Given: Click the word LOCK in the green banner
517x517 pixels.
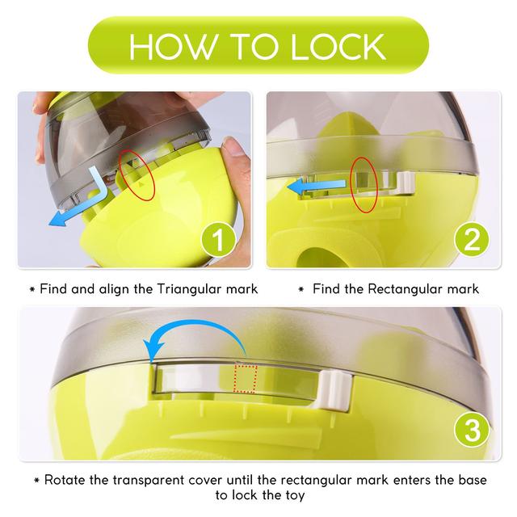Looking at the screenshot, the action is point(338,47).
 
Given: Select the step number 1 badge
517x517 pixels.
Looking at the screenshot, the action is point(217,239).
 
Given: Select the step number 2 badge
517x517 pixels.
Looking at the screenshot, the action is point(472,239).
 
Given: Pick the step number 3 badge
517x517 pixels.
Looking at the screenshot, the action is point(472,430).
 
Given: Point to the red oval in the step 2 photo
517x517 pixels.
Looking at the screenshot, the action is point(364,185).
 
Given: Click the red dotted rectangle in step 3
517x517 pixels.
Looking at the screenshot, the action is point(246,379).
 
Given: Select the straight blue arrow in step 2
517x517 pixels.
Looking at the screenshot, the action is point(317,187).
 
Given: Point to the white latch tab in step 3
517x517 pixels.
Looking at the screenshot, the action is point(335,391).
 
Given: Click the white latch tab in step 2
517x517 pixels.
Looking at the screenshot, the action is point(406,183).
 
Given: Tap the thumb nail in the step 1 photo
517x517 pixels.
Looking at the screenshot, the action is point(236,148).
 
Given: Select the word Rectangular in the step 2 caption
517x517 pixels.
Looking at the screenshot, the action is point(406,289).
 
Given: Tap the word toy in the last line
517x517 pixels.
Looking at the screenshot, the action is point(293,495).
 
